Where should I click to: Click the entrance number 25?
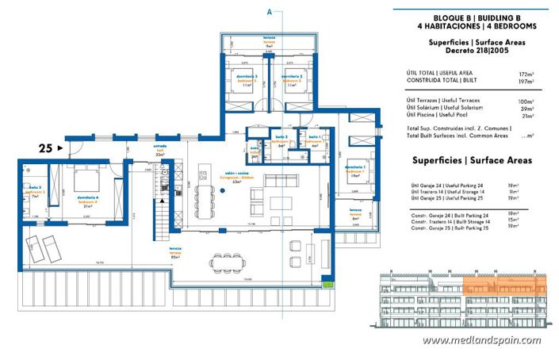click(46, 147)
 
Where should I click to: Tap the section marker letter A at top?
click(270, 12)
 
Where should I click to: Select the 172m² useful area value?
click(524, 74)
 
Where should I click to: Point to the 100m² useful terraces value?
click(523, 101)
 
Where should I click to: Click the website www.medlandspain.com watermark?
click(481, 340)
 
